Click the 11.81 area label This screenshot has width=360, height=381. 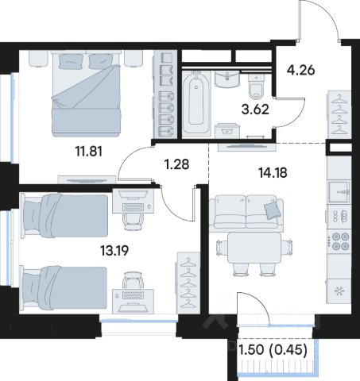pos(89,152)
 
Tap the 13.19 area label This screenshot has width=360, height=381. pos(114,250)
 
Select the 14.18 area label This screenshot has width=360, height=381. pos(273,173)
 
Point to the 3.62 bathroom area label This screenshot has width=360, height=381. pos(255,110)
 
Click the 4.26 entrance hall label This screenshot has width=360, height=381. pos(301,70)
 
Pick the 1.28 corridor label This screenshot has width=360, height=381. pos(176,164)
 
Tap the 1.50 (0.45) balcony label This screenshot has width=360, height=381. pos(273,350)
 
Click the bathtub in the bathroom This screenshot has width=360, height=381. pos(196,102)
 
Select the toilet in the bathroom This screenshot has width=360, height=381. pos(256,85)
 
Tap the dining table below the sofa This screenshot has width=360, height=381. pos(254,248)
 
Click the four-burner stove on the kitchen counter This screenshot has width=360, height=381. pos(340,241)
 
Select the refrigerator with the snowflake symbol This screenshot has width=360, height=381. pos(339,291)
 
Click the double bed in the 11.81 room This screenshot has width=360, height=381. pos(87,94)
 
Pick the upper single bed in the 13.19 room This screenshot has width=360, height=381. pos(64,215)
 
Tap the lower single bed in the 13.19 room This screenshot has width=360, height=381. pos(64,288)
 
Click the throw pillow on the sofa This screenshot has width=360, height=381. pos(273,210)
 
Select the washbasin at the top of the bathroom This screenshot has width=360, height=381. pos(227,79)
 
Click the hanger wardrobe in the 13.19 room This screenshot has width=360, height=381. pos(188,283)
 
